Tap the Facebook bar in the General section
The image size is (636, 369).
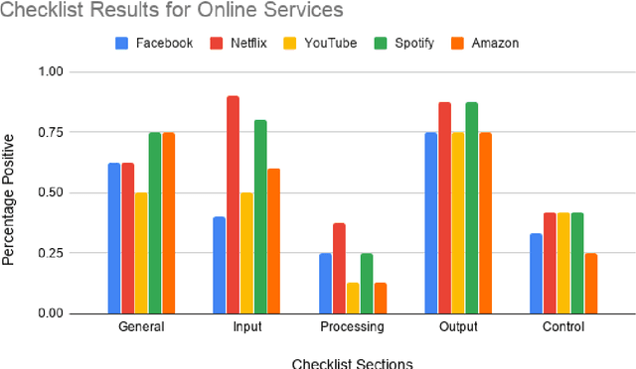(x=113, y=238)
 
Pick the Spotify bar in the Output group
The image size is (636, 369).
(x=471, y=207)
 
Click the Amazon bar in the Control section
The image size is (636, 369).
(x=591, y=283)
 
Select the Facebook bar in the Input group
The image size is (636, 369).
(x=219, y=265)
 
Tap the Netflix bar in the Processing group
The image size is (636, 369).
(x=339, y=268)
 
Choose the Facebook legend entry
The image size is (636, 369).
(x=154, y=43)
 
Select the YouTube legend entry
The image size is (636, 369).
(x=323, y=43)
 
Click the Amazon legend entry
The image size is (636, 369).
(x=488, y=43)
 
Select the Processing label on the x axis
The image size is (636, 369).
(x=352, y=327)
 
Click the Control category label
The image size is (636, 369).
(x=563, y=327)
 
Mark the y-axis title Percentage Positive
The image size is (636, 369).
(x=9, y=193)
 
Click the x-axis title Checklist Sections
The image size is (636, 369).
(x=352, y=362)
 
